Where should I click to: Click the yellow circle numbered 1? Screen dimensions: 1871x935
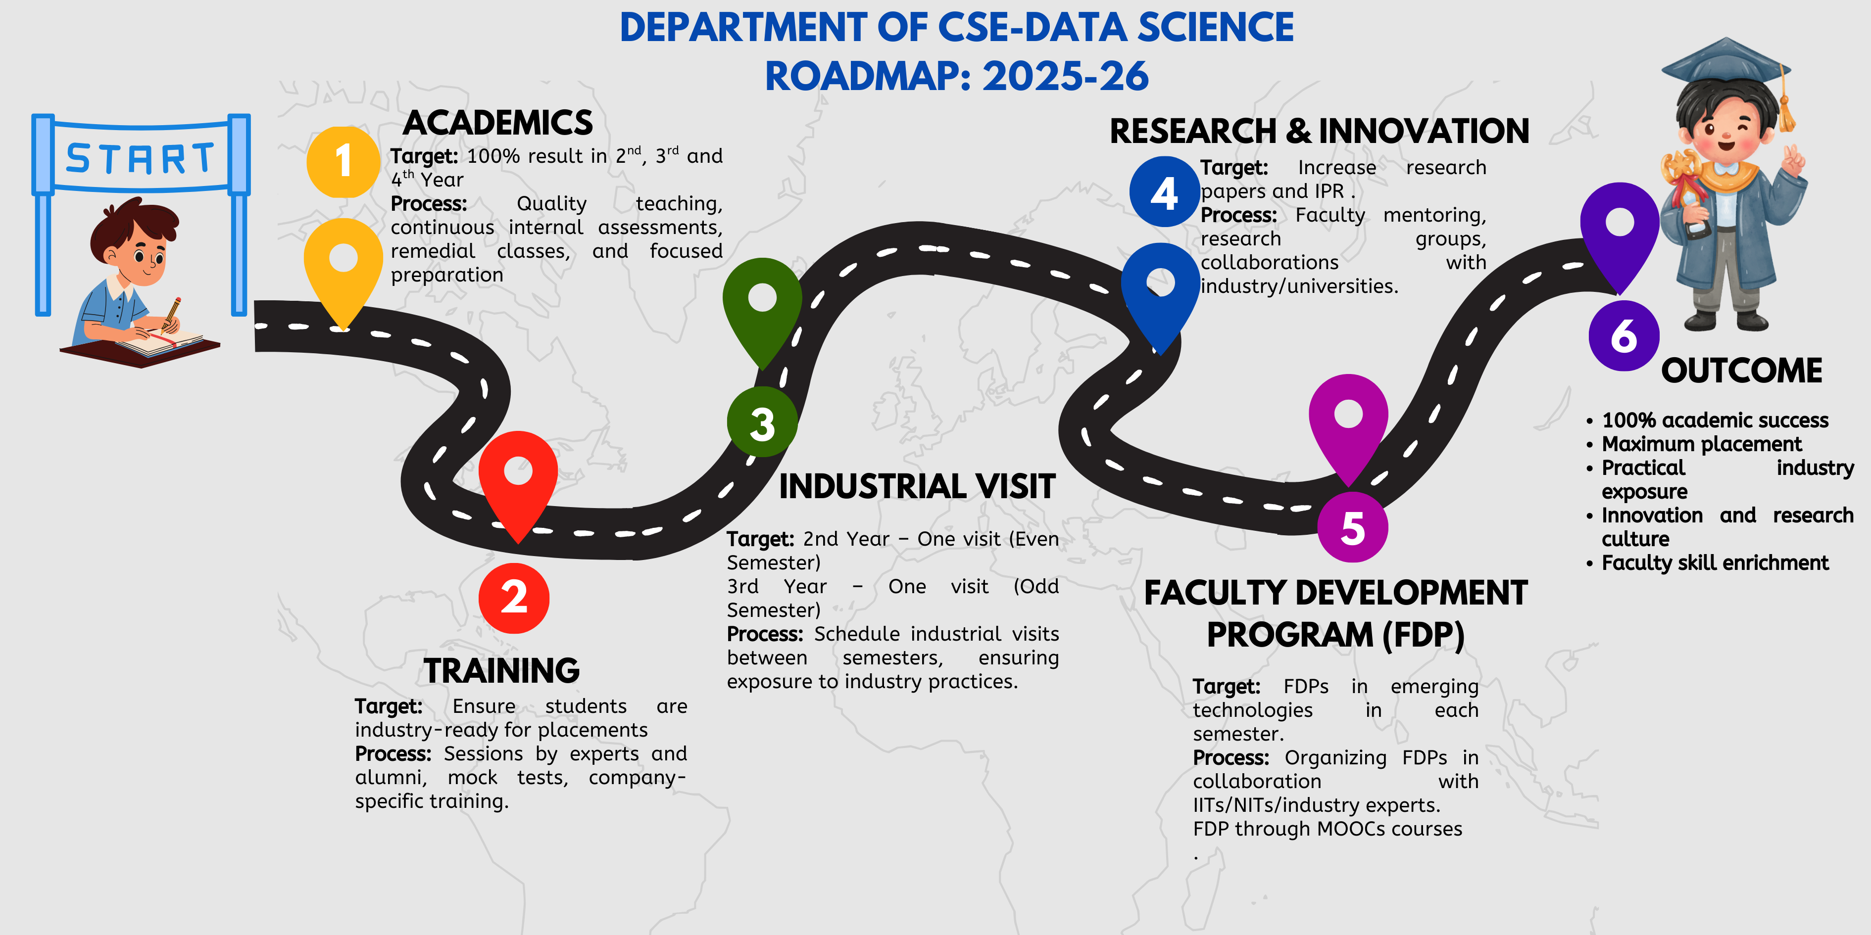click(x=343, y=162)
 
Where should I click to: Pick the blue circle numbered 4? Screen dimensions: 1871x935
click(x=1164, y=191)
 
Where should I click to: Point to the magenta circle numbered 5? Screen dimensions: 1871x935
click(x=1352, y=527)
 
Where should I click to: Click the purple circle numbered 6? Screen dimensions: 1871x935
click(x=1624, y=335)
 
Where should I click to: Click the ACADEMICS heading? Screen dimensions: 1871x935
click(x=498, y=123)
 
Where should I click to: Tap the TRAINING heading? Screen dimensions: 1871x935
click(x=502, y=671)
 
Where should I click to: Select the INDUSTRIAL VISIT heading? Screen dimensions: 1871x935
click(x=917, y=486)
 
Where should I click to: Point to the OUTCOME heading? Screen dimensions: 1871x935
click(x=1742, y=371)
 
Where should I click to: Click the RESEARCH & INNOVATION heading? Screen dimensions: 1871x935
click(x=1319, y=132)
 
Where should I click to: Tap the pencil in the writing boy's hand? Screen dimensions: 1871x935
click(x=172, y=314)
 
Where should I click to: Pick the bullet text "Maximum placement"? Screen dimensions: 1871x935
click(x=1701, y=444)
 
